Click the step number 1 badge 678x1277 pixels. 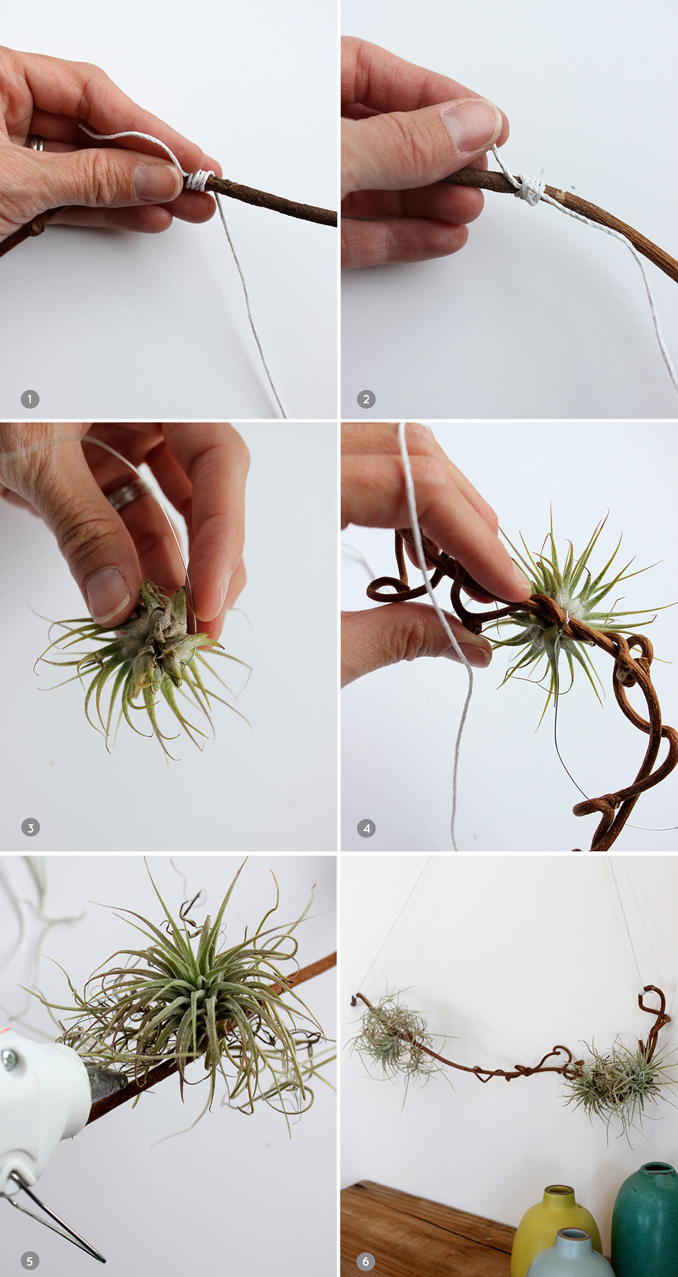click(x=30, y=399)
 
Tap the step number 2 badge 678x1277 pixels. click(x=366, y=399)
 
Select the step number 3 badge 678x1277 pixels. click(x=30, y=827)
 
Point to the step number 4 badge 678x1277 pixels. click(x=366, y=828)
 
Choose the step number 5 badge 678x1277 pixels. click(x=30, y=1260)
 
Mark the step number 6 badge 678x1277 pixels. click(x=366, y=1261)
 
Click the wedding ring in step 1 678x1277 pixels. click(x=37, y=143)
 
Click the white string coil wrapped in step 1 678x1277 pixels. click(x=199, y=180)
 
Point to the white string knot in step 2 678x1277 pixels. click(x=529, y=189)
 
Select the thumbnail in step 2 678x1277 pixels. click(x=471, y=124)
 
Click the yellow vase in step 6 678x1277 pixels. click(x=555, y=1228)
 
